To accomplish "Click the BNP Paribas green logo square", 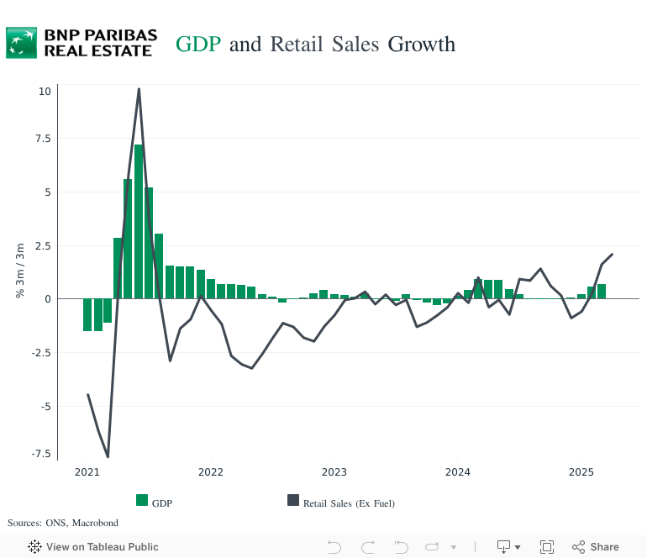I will pos(22,42).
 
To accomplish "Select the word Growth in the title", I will pos(421,44).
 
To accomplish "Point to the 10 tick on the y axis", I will pos(44,91).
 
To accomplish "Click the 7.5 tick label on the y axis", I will pos(42,139).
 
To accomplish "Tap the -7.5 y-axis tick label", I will pos(40,453).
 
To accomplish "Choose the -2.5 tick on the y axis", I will pos(40,352).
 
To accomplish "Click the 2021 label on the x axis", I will pos(87,472).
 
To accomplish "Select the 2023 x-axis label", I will pos(334,472).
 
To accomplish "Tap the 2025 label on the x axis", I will pos(581,472).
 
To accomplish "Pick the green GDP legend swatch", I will pos(142,501).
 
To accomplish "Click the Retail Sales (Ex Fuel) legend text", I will pos(349,503).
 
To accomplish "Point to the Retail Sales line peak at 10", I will pos(139,89).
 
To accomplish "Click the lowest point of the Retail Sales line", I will pos(108,456).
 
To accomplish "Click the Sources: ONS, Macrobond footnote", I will pos(51,523).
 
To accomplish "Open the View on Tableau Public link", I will pos(93,547).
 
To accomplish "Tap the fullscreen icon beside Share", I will pos(546,547).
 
